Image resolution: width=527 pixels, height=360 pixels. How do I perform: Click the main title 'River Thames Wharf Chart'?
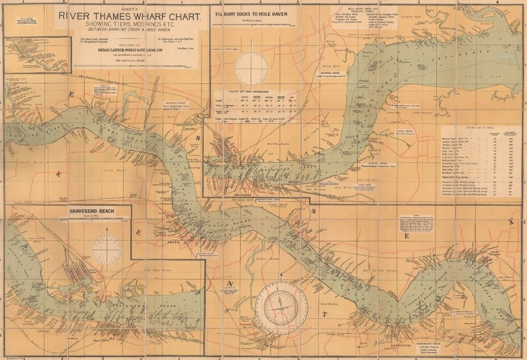130,16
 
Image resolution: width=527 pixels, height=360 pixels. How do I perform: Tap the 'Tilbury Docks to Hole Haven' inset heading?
251,14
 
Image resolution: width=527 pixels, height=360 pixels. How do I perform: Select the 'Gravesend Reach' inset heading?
92,211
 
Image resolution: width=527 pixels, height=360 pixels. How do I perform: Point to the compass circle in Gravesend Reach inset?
107,249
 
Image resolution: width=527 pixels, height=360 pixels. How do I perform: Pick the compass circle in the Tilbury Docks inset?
251,69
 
